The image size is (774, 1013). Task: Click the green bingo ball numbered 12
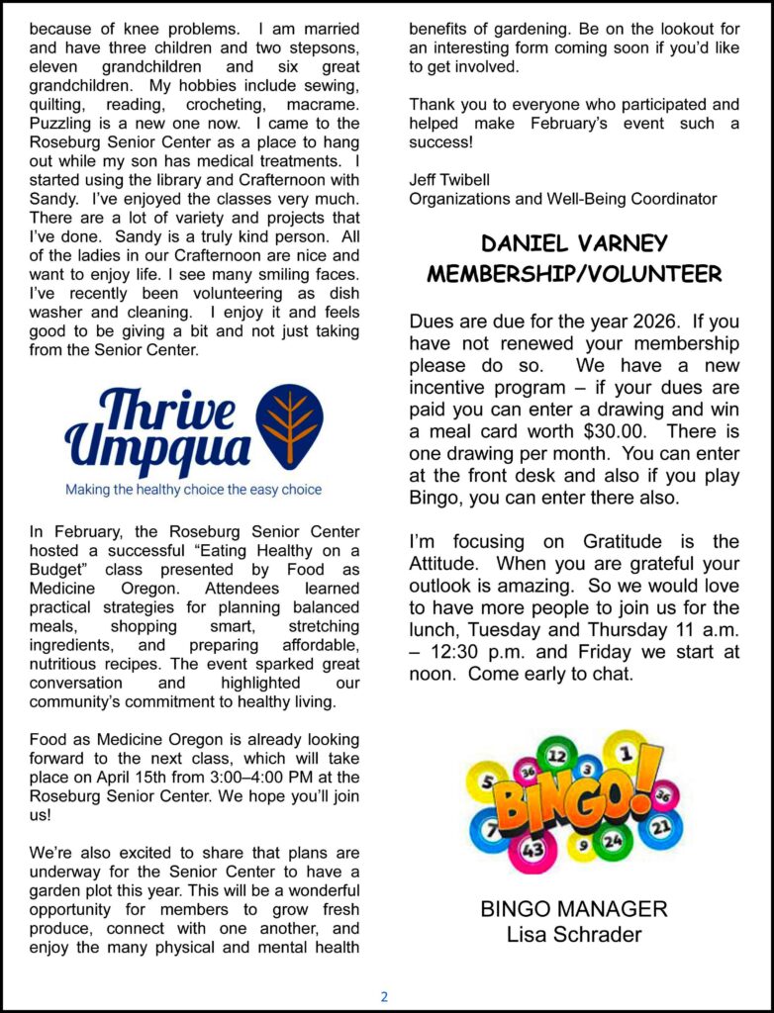(x=556, y=757)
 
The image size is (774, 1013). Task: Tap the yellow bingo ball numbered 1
(x=626, y=755)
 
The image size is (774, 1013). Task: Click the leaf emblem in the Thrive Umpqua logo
(x=289, y=426)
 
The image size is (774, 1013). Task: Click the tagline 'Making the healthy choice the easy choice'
(x=193, y=489)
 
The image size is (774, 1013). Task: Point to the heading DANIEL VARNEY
(x=574, y=243)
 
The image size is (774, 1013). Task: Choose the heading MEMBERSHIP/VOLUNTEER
(x=574, y=274)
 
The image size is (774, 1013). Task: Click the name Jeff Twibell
(x=449, y=179)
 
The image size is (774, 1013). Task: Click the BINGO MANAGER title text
(x=574, y=908)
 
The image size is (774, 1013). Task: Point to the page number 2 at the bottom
(x=385, y=996)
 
